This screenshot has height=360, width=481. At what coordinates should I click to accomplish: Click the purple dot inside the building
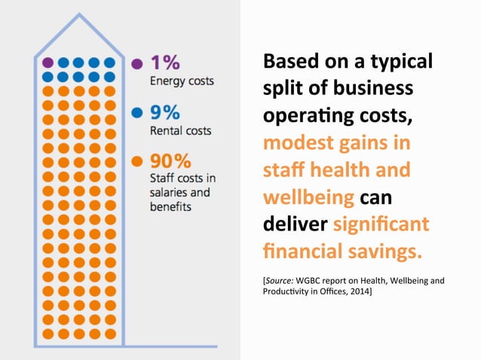click(47, 63)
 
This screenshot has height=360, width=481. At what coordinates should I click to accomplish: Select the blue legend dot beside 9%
click(136, 113)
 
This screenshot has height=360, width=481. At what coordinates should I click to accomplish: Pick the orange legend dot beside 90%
click(136, 161)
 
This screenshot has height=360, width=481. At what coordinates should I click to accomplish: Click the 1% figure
click(165, 63)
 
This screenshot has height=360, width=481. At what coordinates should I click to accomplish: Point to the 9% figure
click(165, 112)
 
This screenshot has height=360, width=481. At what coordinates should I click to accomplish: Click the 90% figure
click(170, 161)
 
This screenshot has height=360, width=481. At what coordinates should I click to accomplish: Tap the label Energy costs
click(182, 81)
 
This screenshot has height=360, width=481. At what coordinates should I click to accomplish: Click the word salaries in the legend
click(170, 192)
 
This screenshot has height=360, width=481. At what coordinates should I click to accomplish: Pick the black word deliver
click(293, 224)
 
